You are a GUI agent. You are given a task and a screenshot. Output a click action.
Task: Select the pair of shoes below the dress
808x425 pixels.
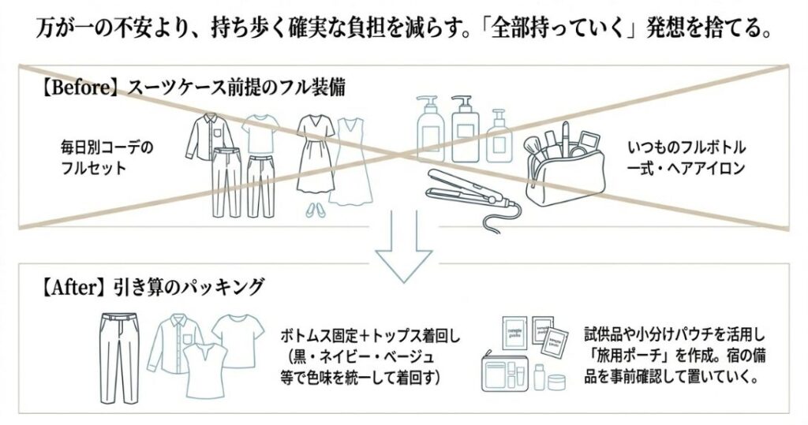coord(313,209)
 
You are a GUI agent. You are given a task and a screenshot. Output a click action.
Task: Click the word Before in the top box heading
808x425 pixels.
coord(77,88)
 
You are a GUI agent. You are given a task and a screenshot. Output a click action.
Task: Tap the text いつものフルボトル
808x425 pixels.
coord(686,148)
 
